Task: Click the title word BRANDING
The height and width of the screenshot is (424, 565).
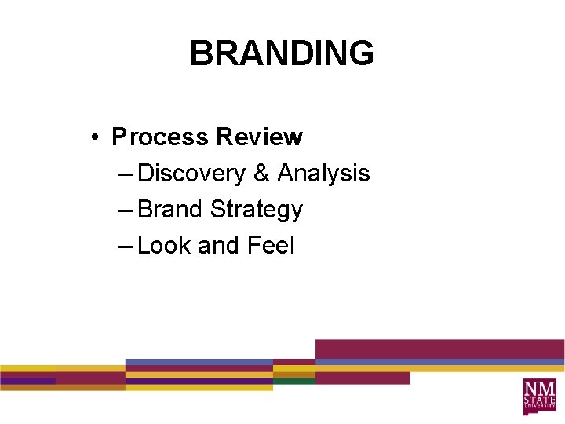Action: pos(282,54)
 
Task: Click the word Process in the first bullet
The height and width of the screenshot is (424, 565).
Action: pos(160,137)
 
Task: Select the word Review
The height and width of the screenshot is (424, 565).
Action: pos(259,137)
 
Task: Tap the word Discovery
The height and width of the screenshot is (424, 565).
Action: pos(191,174)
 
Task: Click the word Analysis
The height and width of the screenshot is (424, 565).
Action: pos(323,174)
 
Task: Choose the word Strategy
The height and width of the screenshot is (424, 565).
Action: pos(257,210)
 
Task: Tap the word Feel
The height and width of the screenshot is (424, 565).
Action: pos(271,246)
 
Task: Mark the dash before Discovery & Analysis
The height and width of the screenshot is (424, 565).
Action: pos(125,174)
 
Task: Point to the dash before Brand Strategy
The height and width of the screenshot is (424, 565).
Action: pos(125,210)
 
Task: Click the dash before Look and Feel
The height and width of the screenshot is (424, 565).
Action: pos(125,247)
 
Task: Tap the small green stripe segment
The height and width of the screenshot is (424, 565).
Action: pos(294,381)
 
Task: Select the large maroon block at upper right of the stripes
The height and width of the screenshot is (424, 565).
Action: pos(439,349)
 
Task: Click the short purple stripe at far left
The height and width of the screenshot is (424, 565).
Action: pos(27,381)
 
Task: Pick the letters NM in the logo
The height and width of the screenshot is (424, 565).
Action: pos(540,389)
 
